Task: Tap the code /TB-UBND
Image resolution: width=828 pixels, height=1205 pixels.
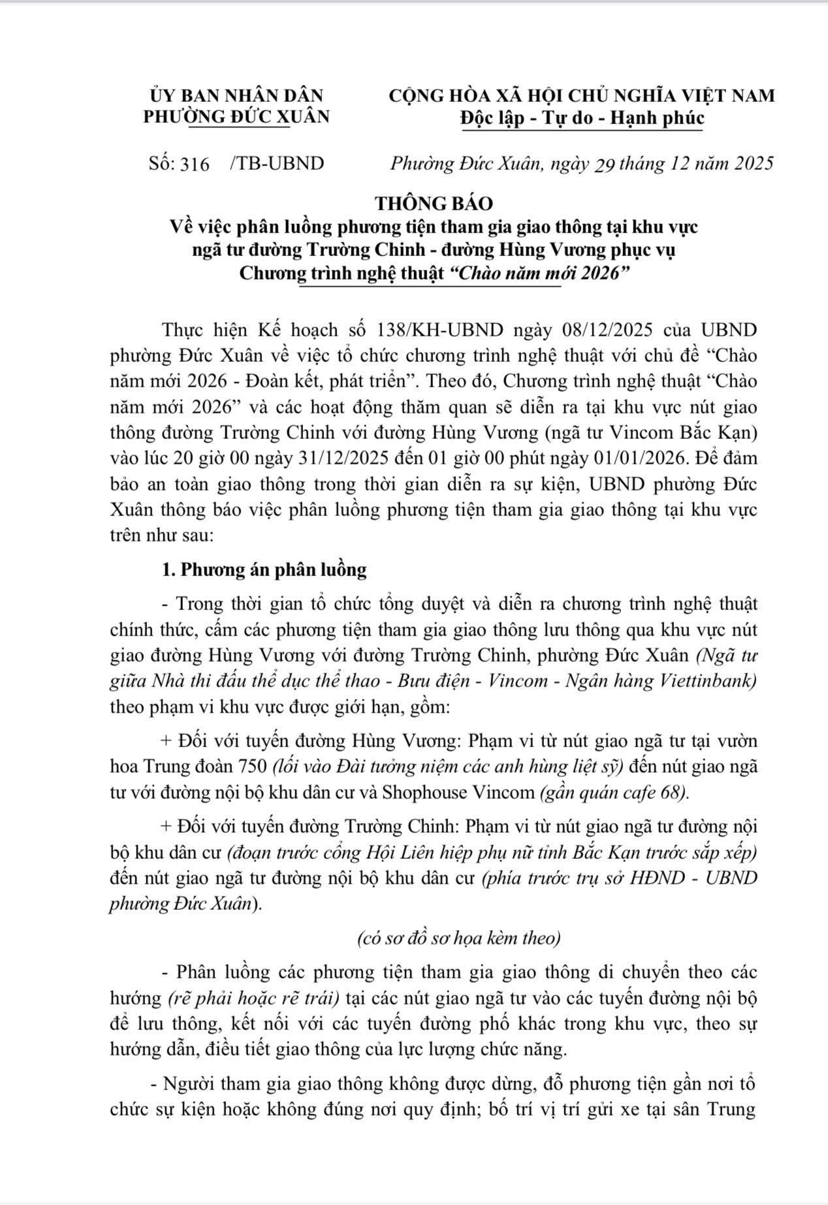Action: pyautogui.click(x=277, y=163)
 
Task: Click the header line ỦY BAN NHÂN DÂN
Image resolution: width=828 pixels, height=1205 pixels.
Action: pyautogui.click(x=236, y=95)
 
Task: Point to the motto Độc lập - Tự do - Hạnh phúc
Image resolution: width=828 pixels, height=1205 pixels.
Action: pyautogui.click(x=582, y=118)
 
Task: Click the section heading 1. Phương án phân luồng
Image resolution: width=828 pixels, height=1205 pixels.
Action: pyautogui.click(x=264, y=570)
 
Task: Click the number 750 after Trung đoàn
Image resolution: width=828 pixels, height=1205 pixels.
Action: pyautogui.click(x=248, y=766)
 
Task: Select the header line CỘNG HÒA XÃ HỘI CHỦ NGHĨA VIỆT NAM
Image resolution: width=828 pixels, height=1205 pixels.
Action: pyautogui.click(x=582, y=95)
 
